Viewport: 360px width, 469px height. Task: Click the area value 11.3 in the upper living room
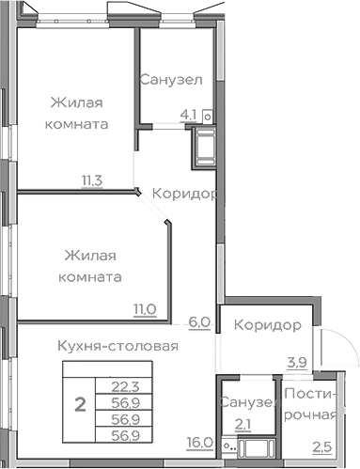tap(91, 182)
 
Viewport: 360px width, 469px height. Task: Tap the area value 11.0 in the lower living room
tap(143, 307)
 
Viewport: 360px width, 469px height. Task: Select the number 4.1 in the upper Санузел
tap(189, 116)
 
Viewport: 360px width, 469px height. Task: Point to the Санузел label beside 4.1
tap(171, 80)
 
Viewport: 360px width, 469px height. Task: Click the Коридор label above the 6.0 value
tap(185, 194)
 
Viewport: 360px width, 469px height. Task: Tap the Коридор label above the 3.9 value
tap(268, 326)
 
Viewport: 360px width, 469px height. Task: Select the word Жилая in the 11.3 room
tap(76, 102)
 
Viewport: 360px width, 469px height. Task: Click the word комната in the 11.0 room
tap(89, 277)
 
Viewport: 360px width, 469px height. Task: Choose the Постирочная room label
tap(310, 403)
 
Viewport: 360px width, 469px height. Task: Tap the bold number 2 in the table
tap(80, 406)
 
